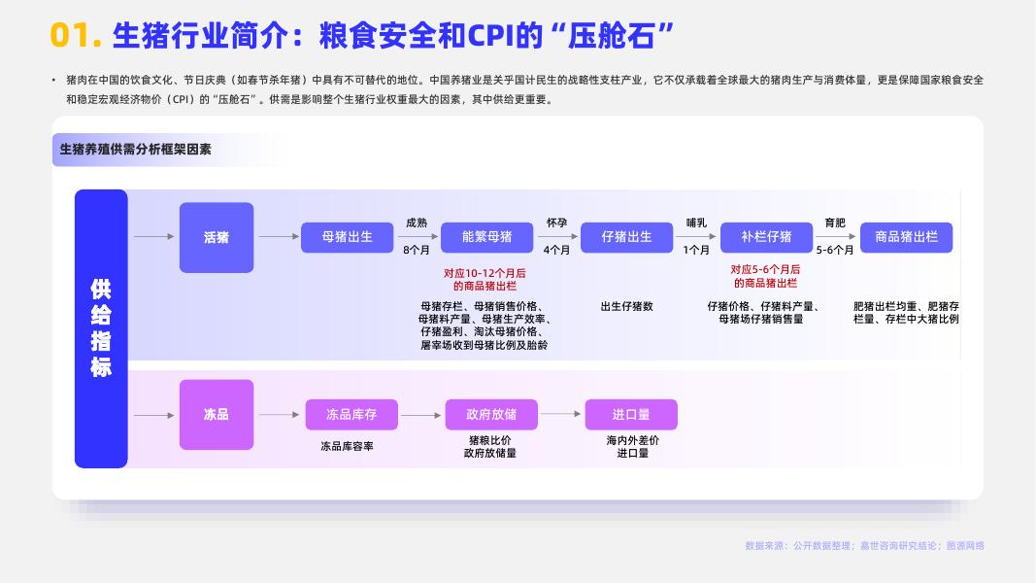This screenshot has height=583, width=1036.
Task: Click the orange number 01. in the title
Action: click(x=76, y=35)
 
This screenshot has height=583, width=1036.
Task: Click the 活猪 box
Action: click(x=217, y=237)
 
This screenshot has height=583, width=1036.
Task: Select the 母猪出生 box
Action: click(x=348, y=237)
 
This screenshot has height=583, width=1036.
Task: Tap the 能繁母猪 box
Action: click(x=487, y=237)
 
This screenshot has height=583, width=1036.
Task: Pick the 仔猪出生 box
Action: click(x=626, y=237)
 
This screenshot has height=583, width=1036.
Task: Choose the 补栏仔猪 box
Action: click(x=766, y=237)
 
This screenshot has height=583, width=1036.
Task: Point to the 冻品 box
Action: click(x=217, y=415)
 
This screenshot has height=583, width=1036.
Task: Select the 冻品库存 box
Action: click(x=351, y=415)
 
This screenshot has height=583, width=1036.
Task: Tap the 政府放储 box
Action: click(x=491, y=415)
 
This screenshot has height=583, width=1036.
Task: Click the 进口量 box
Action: click(x=631, y=415)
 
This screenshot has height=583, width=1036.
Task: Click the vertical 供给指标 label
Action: click(x=101, y=328)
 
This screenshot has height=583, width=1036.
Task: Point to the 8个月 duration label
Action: click(x=417, y=250)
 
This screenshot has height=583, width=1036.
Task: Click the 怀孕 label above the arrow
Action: click(x=556, y=223)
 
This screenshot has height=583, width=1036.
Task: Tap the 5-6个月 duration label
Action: click(x=835, y=250)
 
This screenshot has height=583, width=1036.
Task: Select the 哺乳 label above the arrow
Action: click(x=696, y=223)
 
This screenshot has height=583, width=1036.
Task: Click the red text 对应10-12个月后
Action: click(x=485, y=273)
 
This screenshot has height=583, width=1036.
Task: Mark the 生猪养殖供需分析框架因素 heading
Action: click(x=136, y=150)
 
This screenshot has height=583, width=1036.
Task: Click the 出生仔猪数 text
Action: click(x=626, y=306)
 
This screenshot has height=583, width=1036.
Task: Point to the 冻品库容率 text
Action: click(x=348, y=446)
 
